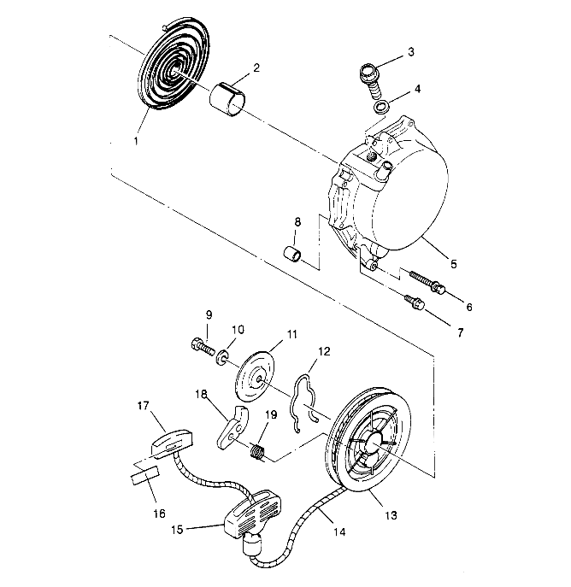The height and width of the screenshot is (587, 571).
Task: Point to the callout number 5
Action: pos(454,265)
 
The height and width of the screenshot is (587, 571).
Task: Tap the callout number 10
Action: pos(238,327)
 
